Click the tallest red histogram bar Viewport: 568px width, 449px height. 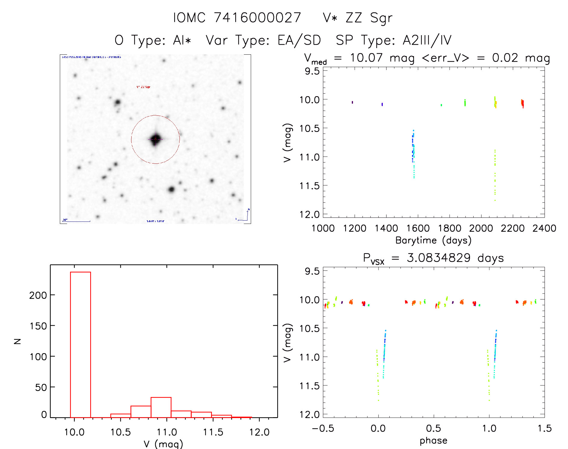tap(80, 344)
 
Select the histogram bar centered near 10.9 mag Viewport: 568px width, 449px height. tap(161, 407)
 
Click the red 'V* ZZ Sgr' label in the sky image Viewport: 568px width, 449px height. tap(143, 87)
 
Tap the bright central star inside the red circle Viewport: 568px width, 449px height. tap(155, 139)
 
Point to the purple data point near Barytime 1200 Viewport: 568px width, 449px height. tap(352, 102)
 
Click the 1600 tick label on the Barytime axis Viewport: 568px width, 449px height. tap(418, 228)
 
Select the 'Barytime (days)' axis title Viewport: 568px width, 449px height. tap(433, 240)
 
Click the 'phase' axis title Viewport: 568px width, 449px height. tap(433, 441)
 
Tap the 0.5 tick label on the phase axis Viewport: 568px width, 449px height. tap(433, 429)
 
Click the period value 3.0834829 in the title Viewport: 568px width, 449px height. tap(438, 258)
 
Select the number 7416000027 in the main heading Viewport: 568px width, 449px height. tap(257, 18)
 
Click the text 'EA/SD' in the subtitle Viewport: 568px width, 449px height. tap(299, 40)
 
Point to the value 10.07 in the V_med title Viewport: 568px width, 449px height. tap(366, 58)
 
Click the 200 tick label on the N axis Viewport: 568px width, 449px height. tap(38, 295)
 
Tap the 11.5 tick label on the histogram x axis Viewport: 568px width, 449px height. tap(213, 432)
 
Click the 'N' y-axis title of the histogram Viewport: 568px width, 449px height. tap(18, 341)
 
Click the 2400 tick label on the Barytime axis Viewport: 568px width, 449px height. tap(544, 228)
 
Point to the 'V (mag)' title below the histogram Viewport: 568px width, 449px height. tap(163, 444)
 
